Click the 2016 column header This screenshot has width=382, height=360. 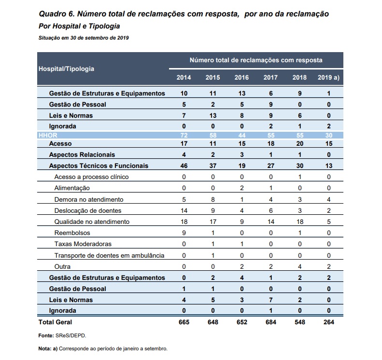(x=241, y=77)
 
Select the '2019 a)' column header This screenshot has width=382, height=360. (x=328, y=77)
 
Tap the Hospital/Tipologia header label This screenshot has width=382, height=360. (x=66, y=69)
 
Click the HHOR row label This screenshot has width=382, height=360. (x=48, y=135)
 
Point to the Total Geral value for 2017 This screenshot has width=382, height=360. (x=270, y=322)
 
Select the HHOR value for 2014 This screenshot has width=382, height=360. (x=184, y=135)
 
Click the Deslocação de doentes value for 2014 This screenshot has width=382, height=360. (x=184, y=210)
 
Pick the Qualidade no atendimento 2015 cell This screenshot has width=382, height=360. (x=212, y=222)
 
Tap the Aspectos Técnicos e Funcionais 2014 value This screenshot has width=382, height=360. (x=184, y=166)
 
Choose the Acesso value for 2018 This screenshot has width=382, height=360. (x=299, y=144)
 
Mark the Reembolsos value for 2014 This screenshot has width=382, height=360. (x=184, y=233)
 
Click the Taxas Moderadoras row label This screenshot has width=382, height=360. (x=83, y=244)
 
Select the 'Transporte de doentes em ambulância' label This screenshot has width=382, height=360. (x=110, y=255)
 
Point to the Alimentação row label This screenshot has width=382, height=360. (x=72, y=188)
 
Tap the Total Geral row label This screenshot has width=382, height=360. (x=55, y=322)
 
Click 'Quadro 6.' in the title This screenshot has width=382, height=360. (x=57, y=14)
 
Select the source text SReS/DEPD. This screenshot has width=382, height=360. (x=71, y=335)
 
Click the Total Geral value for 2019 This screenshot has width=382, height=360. (x=329, y=322)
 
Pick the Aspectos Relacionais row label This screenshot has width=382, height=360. (x=82, y=154)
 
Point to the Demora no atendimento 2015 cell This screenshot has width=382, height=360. (x=212, y=199)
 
